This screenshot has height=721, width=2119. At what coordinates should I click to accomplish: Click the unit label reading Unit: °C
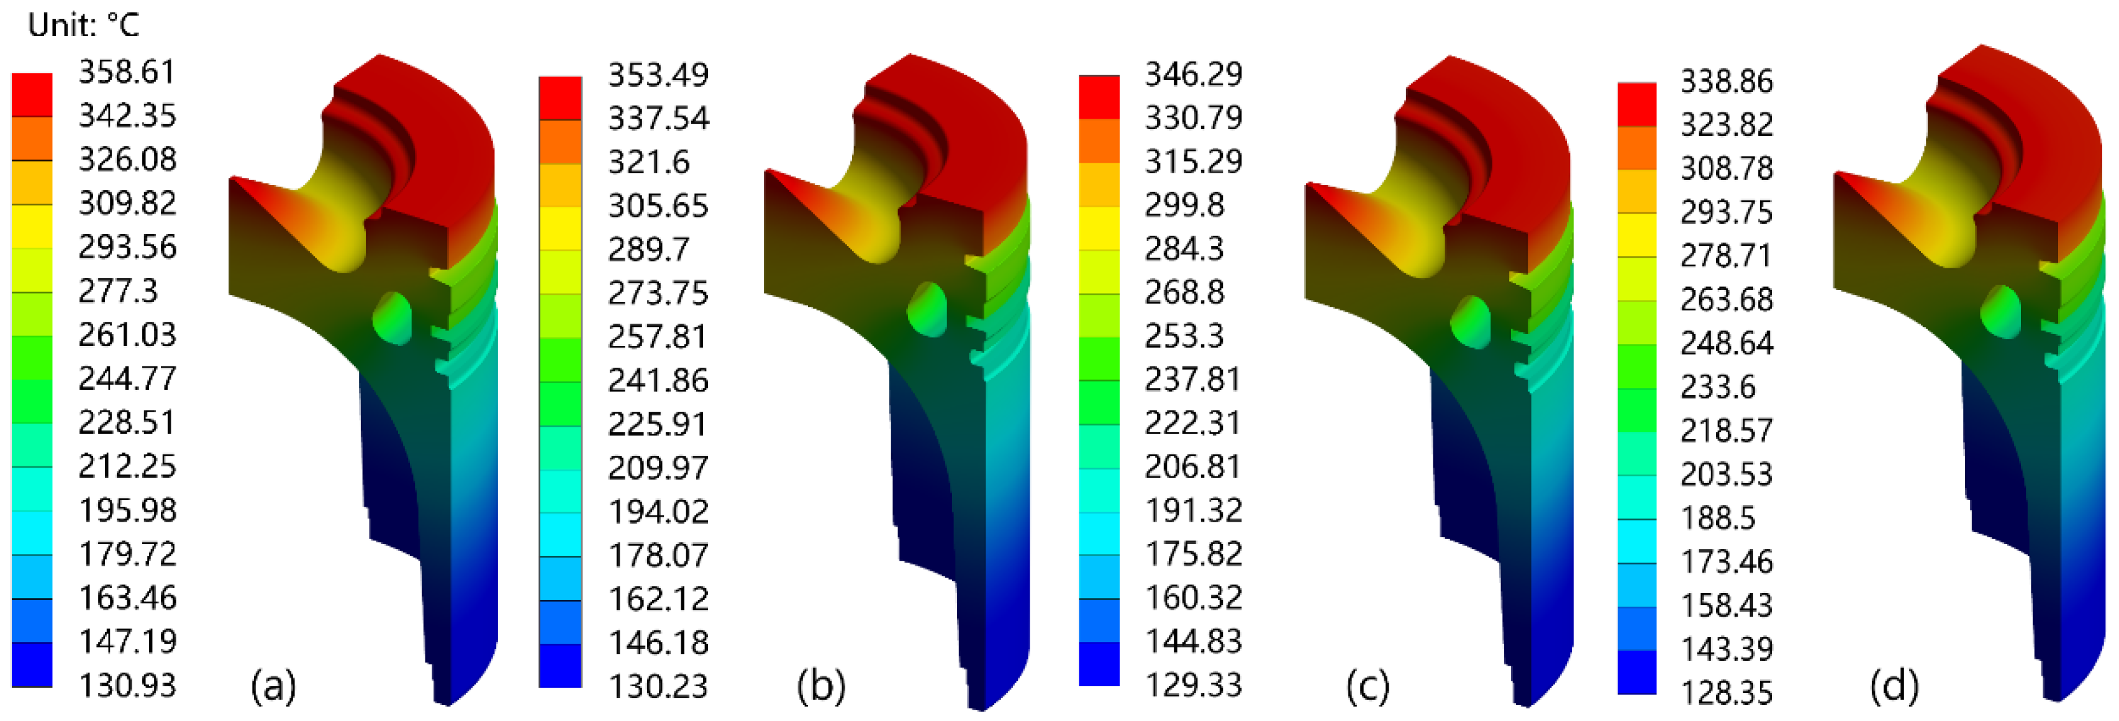83,25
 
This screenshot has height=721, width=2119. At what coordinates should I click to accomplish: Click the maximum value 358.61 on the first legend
127,71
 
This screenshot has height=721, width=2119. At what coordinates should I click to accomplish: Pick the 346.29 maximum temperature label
1193,74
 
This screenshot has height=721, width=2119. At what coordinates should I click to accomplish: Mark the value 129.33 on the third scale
1193,684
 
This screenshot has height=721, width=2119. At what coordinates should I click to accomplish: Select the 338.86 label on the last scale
1726,81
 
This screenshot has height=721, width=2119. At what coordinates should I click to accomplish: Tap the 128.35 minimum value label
1726,692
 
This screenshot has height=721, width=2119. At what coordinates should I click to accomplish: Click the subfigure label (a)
273,685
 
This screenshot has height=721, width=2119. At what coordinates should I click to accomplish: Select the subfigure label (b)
820,685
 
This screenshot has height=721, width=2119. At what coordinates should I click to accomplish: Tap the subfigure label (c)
1367,685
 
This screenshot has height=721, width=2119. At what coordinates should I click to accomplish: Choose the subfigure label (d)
1894,685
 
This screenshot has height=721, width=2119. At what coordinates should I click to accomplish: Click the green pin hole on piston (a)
392,318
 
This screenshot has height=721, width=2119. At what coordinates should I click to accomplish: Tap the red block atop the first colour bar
32,94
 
